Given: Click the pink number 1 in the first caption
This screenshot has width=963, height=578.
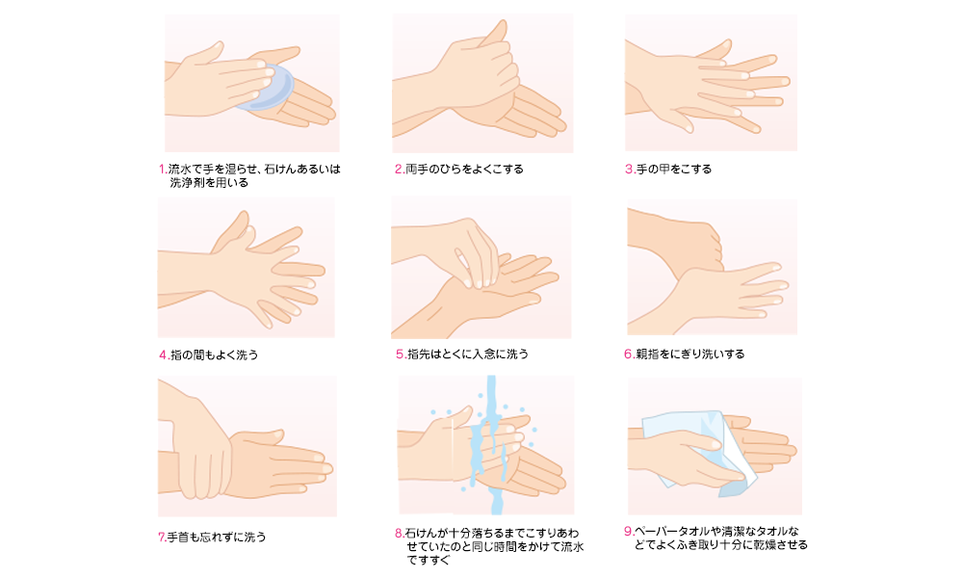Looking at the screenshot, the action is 162,169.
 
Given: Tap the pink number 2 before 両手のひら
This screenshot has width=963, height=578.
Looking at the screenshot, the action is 398,169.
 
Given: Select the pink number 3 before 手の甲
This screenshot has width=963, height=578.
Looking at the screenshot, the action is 629,169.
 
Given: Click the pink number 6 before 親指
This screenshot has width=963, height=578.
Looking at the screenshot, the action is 628,355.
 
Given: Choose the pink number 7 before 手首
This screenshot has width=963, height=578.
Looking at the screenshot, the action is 162,538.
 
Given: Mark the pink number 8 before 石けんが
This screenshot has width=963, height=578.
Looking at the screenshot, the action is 399,533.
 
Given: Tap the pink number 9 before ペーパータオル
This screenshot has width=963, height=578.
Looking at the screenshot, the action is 628,532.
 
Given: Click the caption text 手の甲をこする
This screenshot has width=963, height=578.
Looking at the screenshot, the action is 674,169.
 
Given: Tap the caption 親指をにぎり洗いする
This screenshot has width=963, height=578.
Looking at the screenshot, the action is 690,355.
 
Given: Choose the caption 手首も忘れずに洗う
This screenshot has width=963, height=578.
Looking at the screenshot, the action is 217,538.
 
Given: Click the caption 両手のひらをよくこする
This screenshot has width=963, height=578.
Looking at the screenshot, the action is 464,169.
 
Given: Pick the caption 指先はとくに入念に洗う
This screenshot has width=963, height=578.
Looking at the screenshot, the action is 468,355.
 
